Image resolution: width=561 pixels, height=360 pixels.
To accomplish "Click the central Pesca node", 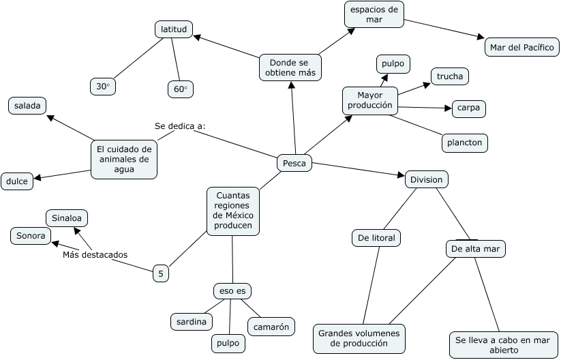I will (x=294, y=164).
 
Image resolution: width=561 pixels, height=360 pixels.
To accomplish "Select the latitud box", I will (x=174, y=29).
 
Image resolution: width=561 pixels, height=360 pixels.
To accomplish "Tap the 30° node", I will (x=103, y=87).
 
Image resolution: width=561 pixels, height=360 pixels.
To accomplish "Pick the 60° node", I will (x=180, y=89).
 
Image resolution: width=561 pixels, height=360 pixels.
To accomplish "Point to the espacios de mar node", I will (x=374, y=14).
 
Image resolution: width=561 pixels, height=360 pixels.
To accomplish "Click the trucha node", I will (x=449, y=76).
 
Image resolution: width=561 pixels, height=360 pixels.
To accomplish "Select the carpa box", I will (x=469, y=108).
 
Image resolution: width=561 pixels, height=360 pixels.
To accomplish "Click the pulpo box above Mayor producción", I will (x=393, y=64).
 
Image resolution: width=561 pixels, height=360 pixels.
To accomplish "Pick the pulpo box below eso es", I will (x=228, y=343).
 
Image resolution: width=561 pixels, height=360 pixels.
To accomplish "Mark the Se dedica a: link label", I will (x=180, y=125).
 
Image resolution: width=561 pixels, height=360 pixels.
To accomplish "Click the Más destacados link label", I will (x=95, y=254).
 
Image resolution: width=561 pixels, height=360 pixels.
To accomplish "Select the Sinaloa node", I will (x=67, y=218).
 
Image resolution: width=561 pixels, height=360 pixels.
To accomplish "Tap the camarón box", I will (x=271, y=327).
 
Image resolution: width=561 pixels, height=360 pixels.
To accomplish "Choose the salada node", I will (x=27, y=105).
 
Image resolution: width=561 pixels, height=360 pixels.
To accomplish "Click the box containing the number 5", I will (x=161, y=273).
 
